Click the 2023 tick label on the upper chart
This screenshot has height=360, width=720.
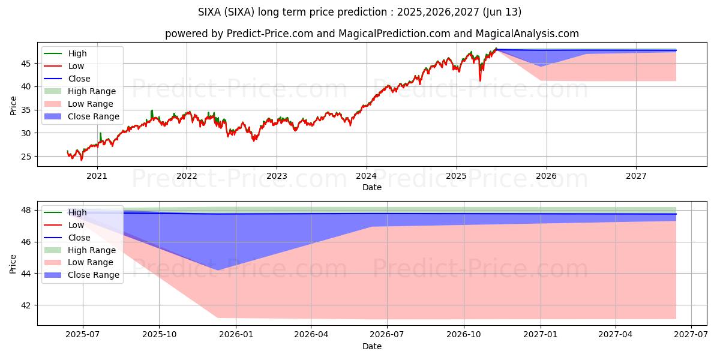[276, 176]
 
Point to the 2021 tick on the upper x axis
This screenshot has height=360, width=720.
[97, 176]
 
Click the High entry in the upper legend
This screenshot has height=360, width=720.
[77, 53]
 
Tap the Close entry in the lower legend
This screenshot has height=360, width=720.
[79, 238]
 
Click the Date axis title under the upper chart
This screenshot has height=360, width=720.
[372, 187]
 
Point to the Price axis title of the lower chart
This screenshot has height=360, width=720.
[13, 263]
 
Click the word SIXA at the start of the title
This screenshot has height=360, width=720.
[211, 12]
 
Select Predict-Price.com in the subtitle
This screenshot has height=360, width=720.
[269, 34]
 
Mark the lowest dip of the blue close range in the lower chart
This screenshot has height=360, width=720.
[218, 270]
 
